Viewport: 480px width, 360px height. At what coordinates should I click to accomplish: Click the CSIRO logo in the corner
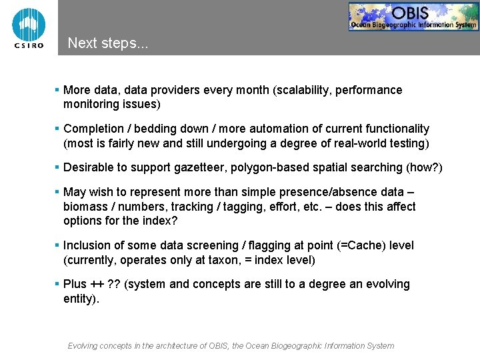tap(29, 27)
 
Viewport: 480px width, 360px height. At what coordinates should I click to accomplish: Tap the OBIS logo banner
tap(413, 17)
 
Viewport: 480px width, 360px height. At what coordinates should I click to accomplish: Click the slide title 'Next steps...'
tap(108, 43)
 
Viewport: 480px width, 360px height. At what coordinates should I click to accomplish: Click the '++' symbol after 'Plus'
tap(97, 284)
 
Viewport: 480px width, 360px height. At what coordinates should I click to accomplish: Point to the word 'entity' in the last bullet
tap(79, 299)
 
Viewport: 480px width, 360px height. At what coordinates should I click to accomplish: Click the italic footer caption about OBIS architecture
tap(231, 346)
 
